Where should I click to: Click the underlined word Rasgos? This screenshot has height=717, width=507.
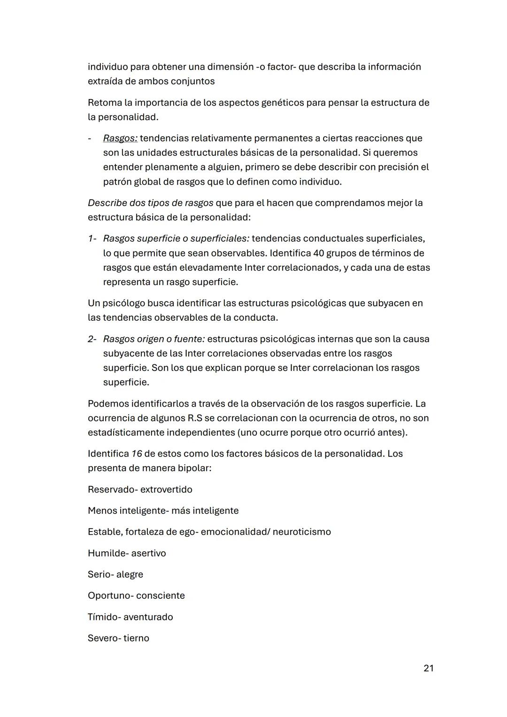click(x=120, y=139)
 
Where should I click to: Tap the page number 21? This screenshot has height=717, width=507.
click(x=428, y=668)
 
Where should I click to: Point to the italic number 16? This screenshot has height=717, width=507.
click(x=137, y=454)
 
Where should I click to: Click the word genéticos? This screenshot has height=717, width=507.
click(x=281, y=103)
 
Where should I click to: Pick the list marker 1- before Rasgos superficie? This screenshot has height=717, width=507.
click(x=92, y=239)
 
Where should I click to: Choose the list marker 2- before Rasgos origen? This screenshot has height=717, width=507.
click(x=92, y=339)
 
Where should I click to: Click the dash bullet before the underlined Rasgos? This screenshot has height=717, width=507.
click(x=90, y=139)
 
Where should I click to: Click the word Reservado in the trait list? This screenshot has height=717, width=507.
click(x=111, y=490)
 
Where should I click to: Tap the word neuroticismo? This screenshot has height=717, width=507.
click(x=301, y=532)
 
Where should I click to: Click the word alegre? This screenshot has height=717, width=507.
click(x=130, y=575)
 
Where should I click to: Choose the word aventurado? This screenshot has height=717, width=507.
click(x=148, y=617)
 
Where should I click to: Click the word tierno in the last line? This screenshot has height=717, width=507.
click(x=136, y=639)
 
